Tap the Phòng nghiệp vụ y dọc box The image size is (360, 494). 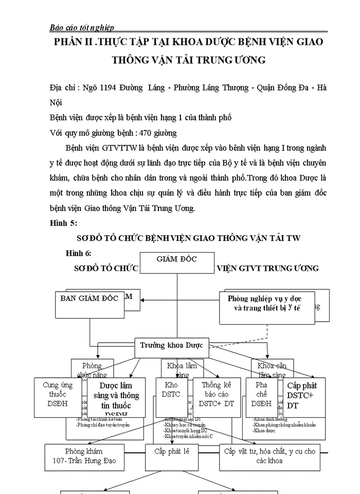(266, 307)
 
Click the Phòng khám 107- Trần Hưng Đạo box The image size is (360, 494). (87, 456)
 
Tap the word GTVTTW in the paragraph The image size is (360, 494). (119, 148)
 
